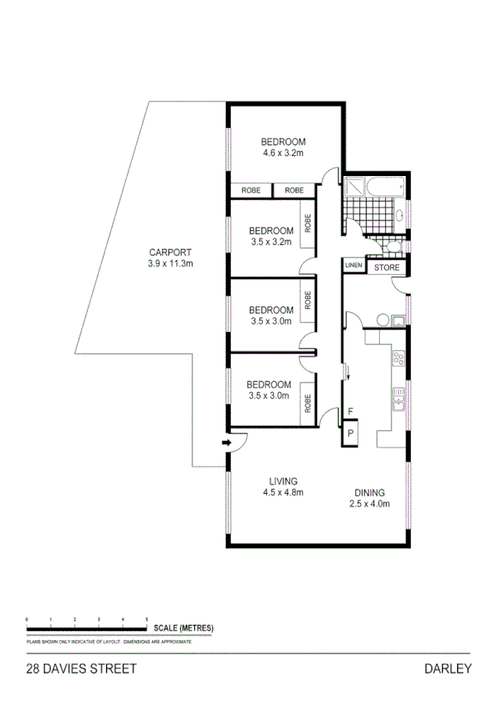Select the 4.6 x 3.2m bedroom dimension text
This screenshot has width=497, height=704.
(x=284, y=153)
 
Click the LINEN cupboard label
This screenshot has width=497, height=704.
(x=353, y=266)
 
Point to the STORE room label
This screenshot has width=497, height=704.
(x=387, y=267)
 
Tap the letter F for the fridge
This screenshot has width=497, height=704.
(x=350, y=411)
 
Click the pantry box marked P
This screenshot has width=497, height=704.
(x=350, y=433)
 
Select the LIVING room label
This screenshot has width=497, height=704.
(x=283, y=481)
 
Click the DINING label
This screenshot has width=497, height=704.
(x=366, y=491)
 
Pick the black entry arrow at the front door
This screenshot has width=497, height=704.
(x=226, y=443)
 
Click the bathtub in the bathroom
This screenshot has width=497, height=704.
(x=386, y=186)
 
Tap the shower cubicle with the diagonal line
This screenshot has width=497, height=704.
(x=354, y=188)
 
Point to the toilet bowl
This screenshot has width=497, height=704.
(x=392, y=247)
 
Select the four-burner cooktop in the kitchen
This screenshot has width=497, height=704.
(x=398, y=359)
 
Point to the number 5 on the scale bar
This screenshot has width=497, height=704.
(x=147, y=620)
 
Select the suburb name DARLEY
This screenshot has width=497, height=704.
(x=447, y=667)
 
